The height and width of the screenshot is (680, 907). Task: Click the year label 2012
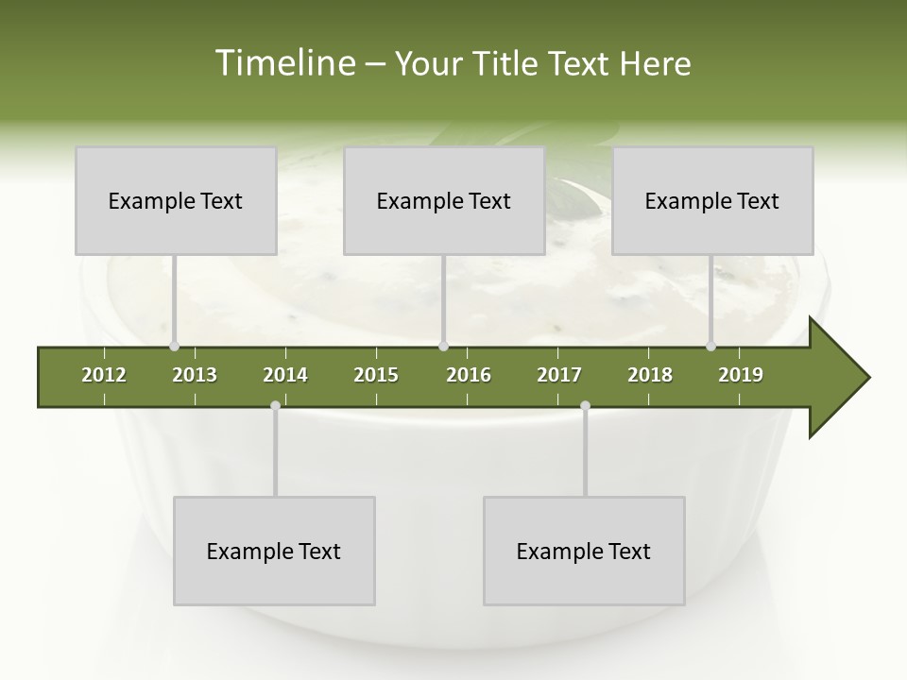[104, 375]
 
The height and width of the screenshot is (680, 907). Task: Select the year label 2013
[195, 375]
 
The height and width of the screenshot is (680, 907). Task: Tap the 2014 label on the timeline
[285, 375]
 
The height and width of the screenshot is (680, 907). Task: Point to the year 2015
[376, 375]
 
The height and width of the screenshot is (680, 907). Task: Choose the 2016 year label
[469, 375]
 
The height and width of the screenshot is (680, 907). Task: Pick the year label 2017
[559, 375]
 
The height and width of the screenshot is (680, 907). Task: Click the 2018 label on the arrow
[650, 375]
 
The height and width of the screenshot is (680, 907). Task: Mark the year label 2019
[741, 375]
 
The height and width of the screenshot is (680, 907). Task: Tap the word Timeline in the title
[283, 63]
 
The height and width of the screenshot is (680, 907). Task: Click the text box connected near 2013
[176, 201]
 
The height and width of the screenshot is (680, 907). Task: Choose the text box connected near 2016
[444, 201]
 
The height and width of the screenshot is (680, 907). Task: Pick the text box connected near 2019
[712, 201]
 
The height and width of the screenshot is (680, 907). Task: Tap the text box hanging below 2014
[274, 552]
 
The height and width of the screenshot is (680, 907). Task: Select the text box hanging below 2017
[584, 552]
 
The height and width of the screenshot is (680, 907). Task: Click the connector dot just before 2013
[174, 346]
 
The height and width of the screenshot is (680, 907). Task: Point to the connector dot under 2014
[275, 406]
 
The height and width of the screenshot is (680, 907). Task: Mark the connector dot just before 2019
[710, 346]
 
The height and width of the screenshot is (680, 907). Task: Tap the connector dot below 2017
[585, 406]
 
